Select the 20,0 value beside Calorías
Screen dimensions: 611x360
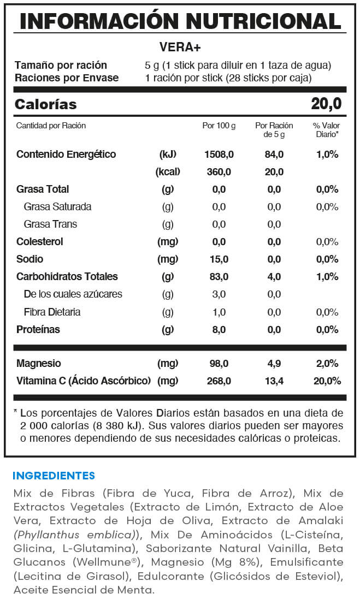[x=326, y=104]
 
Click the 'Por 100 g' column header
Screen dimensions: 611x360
[x=219, y=126]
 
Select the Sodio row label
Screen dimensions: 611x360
[x=30, y=259]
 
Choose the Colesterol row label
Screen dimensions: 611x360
[x=40, y=241]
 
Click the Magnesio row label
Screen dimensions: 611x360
[x=39, y=363]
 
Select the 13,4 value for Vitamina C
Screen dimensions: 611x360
[x=274, y=381]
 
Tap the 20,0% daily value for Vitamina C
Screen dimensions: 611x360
[x=327, y=381]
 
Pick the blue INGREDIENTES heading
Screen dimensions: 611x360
[x=54, y=476]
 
